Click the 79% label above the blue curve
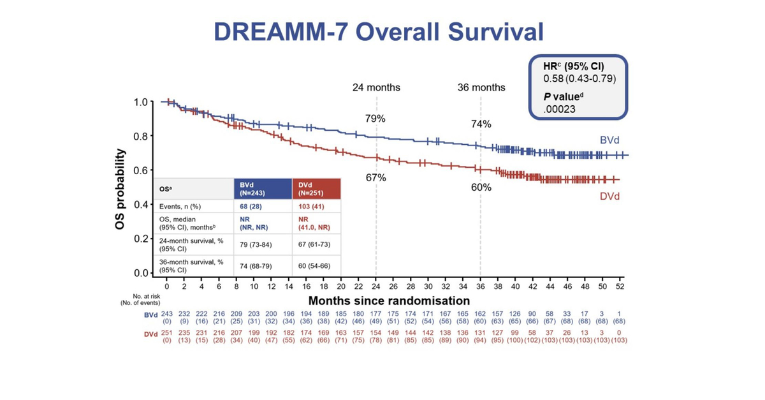375,119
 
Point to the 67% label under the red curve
375,177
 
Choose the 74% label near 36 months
481,124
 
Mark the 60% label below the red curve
481,188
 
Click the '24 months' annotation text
376,87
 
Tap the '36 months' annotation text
481,87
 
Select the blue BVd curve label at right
609,139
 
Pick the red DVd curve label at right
609,196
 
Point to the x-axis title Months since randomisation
390,300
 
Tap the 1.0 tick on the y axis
143,102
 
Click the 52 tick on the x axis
619,287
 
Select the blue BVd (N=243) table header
263,188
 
